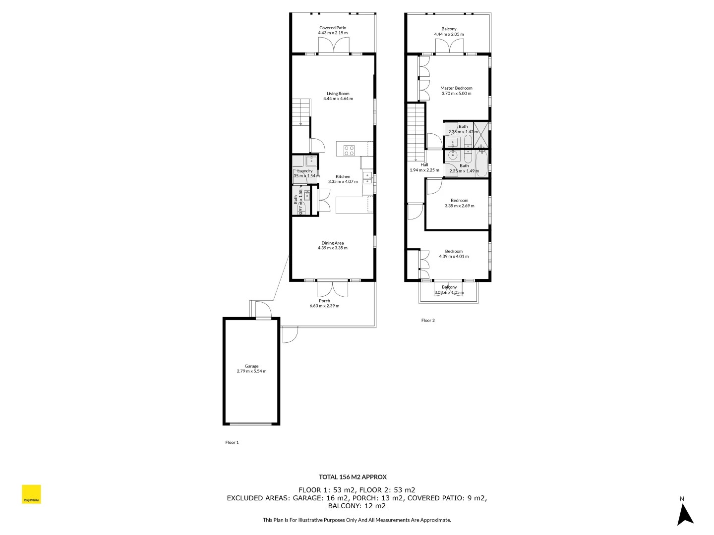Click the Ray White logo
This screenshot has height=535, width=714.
[x=31, y=494]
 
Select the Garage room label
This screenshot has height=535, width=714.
[x=251, y=366]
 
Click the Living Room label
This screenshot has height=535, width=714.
[x=338, y=94]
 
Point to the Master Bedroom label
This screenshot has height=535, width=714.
[x=456, y=88]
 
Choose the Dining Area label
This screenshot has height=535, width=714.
[x=332, y=243]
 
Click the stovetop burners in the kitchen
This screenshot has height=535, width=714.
[x=349, y=150]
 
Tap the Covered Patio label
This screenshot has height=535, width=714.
[x=333, y=28]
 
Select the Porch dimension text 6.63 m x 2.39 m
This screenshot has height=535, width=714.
[x=324, y=306]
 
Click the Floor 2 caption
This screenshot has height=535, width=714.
[x=428, y=321]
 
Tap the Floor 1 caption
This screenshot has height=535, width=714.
[x=232, y=442]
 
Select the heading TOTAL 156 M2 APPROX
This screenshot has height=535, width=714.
[x=353, y=477]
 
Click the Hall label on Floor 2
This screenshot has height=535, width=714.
[x=424, y=165]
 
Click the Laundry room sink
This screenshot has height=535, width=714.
[x=311, y=160]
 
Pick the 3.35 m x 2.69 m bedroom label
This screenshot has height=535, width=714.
[x=459, y=203]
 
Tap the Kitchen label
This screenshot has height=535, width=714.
[x=343, y=176]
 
